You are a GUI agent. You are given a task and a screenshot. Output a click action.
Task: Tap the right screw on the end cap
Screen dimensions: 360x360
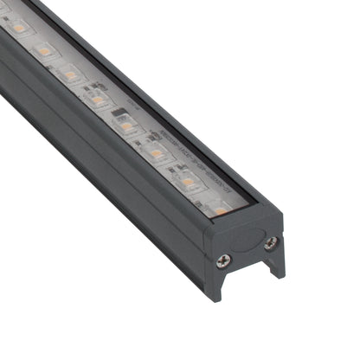coord(271,244)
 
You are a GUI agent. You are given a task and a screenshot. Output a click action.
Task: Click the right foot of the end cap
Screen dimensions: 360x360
coord(277,266)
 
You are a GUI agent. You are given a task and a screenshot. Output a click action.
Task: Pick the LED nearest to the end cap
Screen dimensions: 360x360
coord(219,209)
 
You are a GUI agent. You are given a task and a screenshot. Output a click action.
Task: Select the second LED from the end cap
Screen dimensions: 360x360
coord(188,182)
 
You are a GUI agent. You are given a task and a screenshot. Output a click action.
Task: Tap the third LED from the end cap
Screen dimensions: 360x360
coord(157,153)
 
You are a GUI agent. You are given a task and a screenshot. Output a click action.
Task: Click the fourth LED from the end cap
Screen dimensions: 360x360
coord(126,125)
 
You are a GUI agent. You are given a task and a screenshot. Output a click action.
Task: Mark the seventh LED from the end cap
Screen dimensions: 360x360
coord(44,51)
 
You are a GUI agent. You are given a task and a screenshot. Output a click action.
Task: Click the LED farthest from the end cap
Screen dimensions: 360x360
coord(19,29)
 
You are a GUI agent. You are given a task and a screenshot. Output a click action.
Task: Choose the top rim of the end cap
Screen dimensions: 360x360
coord(251,216)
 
